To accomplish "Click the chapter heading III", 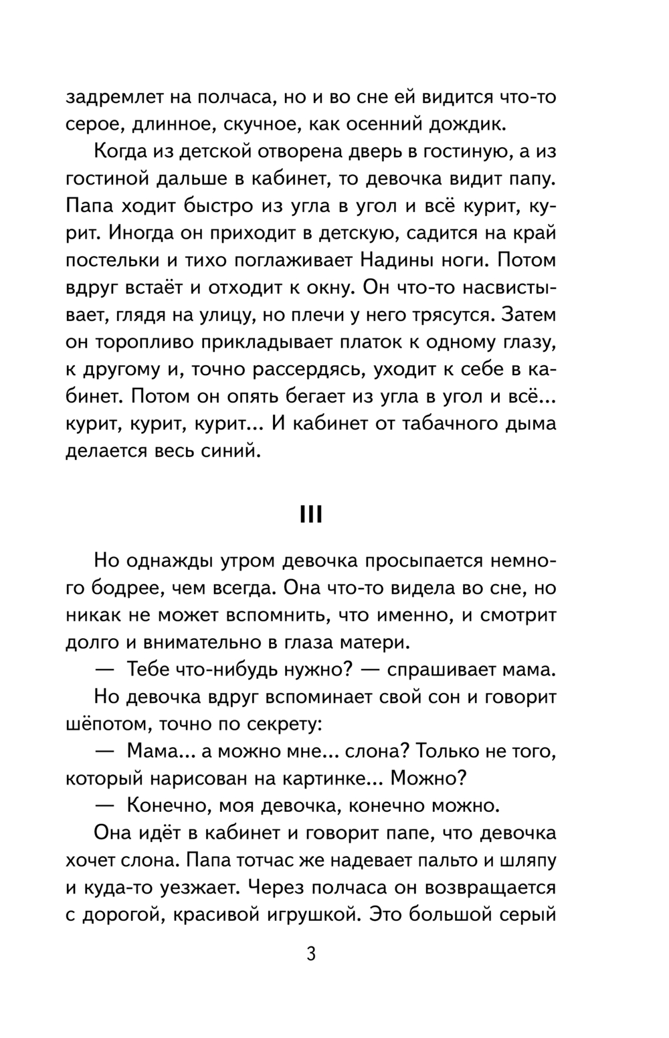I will [311, 515].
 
